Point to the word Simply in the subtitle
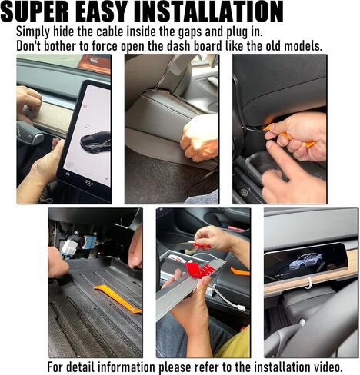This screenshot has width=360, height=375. (35, 32)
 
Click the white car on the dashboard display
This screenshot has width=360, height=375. (305, 261)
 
